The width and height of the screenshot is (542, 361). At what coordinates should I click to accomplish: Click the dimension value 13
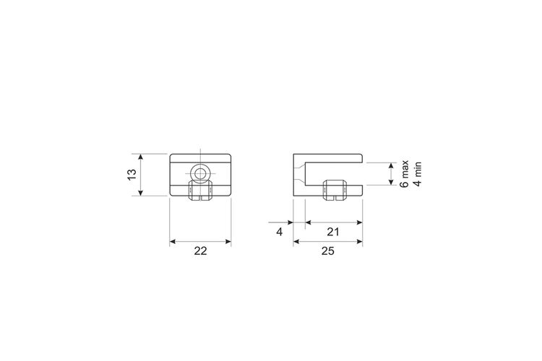click(132, 175)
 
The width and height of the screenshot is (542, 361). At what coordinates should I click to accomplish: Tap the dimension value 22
click(200, 251)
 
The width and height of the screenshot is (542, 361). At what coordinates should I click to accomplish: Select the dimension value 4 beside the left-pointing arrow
click(279, 232)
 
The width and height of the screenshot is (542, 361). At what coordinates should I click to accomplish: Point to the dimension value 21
click(333, 232)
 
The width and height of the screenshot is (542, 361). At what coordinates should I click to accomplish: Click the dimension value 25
click(327, 251)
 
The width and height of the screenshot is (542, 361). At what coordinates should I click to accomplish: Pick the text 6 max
click(404, 174)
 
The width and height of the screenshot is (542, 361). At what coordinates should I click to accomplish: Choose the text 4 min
click(418, 174)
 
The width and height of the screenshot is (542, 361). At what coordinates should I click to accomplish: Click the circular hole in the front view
click(199, 173)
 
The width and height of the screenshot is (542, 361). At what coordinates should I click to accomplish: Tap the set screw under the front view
click(199, 191)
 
